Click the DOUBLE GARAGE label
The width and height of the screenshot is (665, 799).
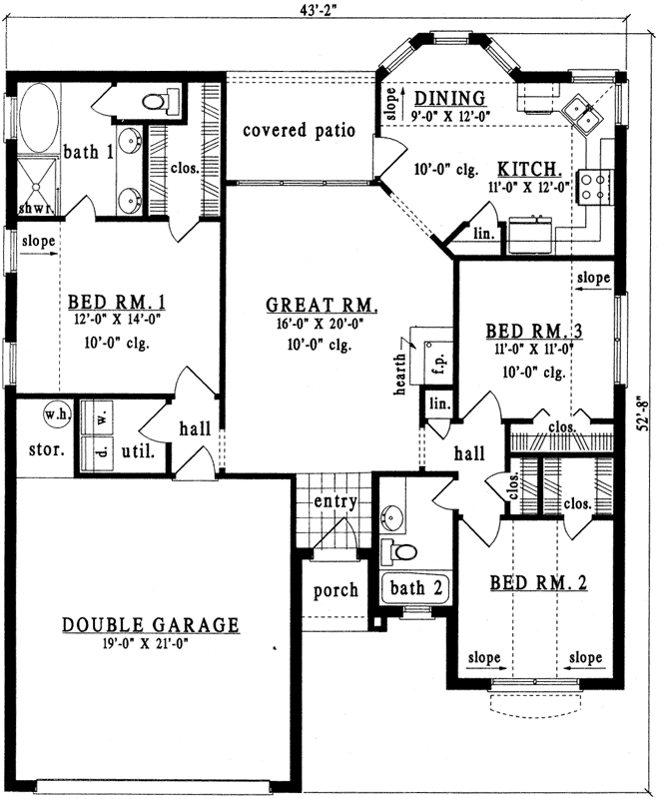pyautogui.click(x=151, y=625)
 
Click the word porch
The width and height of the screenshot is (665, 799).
pyautogui.click(x=335, y=590)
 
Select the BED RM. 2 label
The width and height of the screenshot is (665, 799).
pyautogui.click(x=538, y=582)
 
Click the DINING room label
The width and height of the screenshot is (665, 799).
pyautogui.click(x=449, y=98)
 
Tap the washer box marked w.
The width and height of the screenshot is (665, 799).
pyautogui.click(x=100, y=410)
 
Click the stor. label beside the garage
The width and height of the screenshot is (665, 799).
pyautogui.click(x=46, y=448)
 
